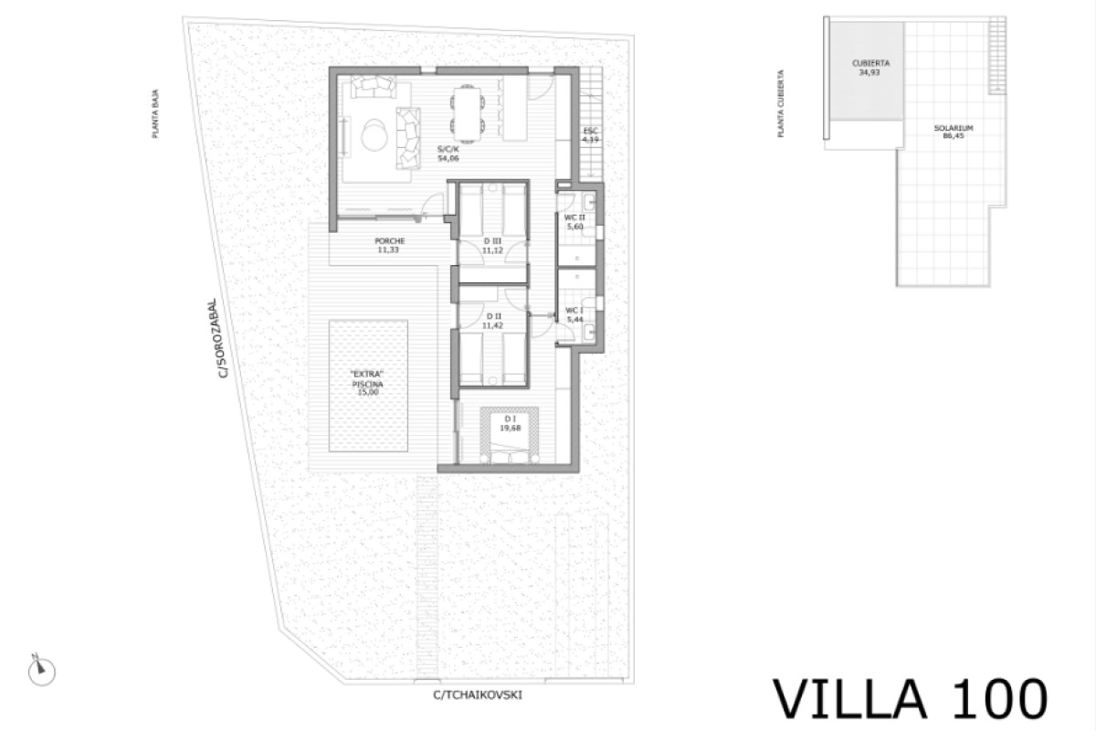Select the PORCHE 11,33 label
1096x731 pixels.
click(390, 245)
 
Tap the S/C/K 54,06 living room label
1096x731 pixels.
click(448, 154)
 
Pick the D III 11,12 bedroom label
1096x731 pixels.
click(493, 245)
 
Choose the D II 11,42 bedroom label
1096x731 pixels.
click(494, 320)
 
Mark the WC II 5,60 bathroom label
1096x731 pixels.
click(574, 221)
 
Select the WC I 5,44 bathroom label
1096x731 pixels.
click(574, 314)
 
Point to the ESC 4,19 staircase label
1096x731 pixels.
click(590, 135)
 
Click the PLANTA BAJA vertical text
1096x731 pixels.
click(157, 119)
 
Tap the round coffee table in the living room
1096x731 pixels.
click(374, 135)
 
